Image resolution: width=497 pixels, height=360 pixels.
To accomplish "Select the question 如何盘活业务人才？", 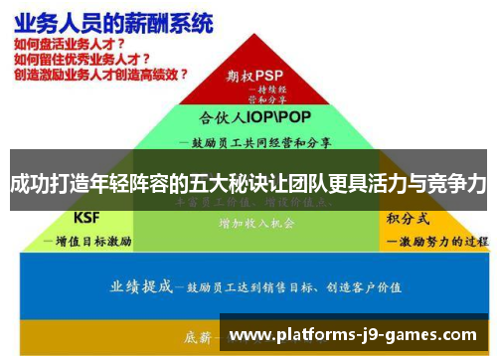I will pos(69,45).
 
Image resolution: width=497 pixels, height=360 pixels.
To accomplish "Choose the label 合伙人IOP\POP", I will pos(248,116).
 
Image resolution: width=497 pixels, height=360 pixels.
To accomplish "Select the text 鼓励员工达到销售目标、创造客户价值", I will pos(288,287).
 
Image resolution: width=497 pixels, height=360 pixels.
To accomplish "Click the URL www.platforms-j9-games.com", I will pos(353,335).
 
